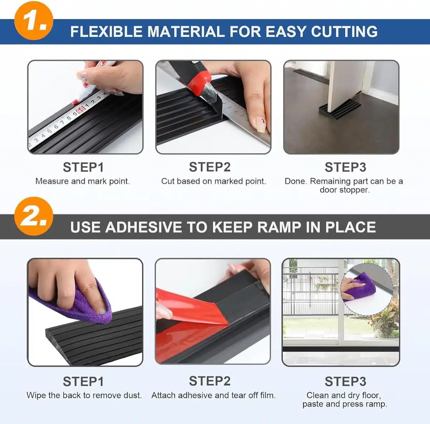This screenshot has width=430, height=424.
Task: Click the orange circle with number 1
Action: click(34, 20)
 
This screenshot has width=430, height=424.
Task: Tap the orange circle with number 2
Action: click(34, 216)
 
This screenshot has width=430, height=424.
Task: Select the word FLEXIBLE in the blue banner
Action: click(106, 32)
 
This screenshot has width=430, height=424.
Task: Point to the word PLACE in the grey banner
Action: click(350, 227)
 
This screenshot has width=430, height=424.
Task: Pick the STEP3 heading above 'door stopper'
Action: click(345, 167)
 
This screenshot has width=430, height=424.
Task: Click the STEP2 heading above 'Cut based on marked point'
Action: click(210, 167)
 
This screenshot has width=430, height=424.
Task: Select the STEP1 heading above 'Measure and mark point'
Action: click(83, 167)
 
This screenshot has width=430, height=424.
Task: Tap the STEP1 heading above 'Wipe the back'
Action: click(83, 381)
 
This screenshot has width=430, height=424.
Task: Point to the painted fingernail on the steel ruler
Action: click(260, 125)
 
